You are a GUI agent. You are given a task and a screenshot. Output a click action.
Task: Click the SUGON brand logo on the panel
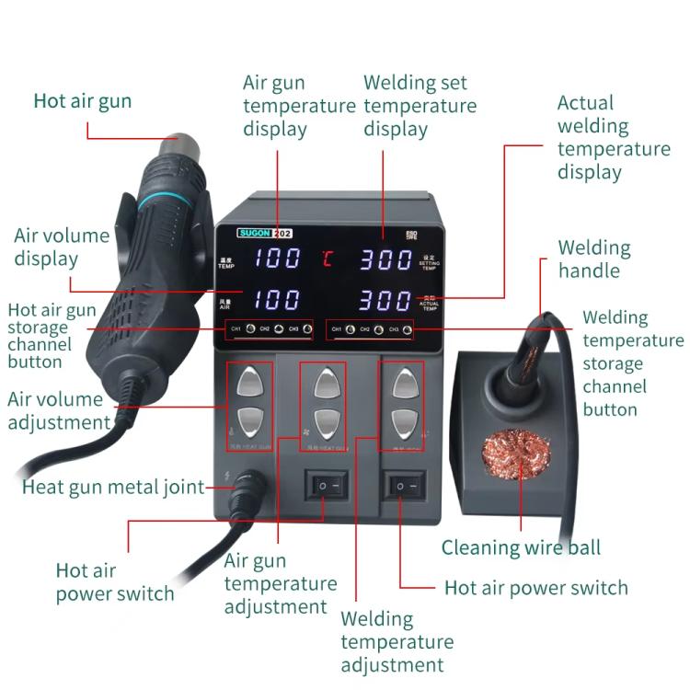[x=253, y=234]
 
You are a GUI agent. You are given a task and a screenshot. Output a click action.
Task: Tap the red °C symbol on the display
[x=328, y=259]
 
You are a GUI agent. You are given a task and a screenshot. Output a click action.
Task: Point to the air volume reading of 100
[x=277, y=299]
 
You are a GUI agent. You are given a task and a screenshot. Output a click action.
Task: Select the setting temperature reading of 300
[x=385, y=259]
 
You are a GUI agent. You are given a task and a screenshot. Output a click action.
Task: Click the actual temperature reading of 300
[x=385, y=300]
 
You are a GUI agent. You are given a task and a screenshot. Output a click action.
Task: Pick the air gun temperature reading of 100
[x=277, y=259]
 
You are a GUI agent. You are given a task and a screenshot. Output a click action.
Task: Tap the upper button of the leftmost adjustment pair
[x=251, y=381]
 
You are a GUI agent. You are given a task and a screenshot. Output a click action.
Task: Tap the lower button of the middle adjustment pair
[x=322, y=422]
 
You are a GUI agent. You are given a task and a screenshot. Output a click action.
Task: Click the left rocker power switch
[x=327, y=483]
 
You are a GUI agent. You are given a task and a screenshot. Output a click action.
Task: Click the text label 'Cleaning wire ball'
[x=521, y=548]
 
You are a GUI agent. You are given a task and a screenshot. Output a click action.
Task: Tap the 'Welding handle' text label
[x=594, y=259]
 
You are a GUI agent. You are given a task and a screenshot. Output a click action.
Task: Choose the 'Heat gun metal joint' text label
[x=113, y=488]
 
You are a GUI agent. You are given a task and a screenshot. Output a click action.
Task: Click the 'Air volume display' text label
[x=61, y=247]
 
